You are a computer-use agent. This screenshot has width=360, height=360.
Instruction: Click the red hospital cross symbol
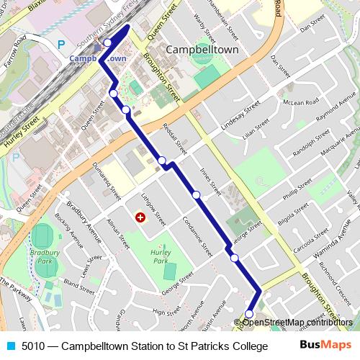[x=140, y=217]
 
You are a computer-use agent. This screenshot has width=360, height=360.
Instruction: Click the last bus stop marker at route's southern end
[x=249, y=313]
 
